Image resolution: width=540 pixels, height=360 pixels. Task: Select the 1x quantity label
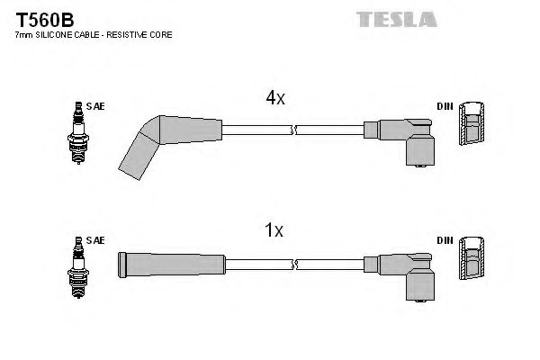[274, 231]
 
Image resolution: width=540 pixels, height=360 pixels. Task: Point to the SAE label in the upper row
[97, 106]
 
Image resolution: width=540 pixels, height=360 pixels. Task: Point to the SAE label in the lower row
[97, 240]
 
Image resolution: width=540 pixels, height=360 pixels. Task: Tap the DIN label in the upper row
[445, 106]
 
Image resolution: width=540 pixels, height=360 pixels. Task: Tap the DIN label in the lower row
[445, 240]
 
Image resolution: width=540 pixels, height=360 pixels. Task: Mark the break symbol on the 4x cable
[294, 130]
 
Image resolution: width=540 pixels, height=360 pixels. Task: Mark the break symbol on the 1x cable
[294, 264]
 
